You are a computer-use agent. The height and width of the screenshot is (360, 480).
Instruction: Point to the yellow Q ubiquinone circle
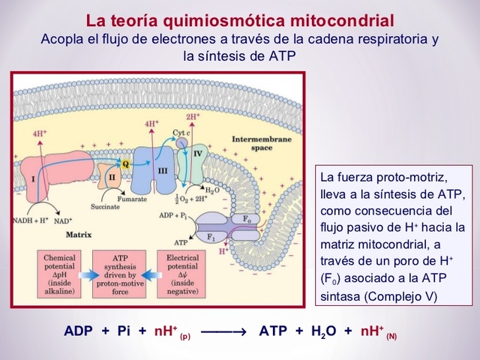[x=125, y=162]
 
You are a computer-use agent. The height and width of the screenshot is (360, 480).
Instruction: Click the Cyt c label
[x=180, y=133]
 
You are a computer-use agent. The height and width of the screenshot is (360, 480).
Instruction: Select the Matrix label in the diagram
[x=79, y=234]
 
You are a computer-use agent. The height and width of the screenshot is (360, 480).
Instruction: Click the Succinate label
[x=104, y=206]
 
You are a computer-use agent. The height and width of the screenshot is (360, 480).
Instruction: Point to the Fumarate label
[x=151, y=199]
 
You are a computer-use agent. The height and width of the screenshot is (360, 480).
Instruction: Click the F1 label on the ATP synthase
[x=211, y=238]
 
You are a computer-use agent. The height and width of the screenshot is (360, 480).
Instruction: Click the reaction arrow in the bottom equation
[x=223, y=331]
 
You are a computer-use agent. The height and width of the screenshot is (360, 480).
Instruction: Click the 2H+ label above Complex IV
[x=193, y=118]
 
